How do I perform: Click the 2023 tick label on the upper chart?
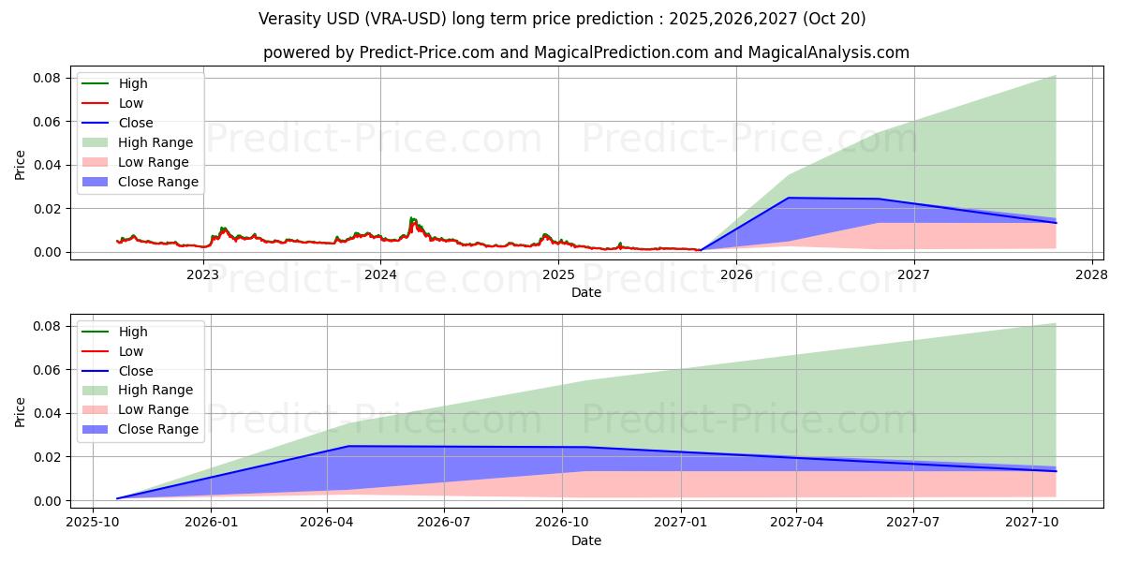click(x=202, y=274)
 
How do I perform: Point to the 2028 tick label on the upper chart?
click(x=1091, y=274)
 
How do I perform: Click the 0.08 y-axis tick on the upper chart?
click(x=48, y=78)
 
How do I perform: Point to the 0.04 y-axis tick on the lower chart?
click(x=48, y=413)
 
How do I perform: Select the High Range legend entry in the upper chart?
click(x=155, y=142)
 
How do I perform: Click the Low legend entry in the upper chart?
click(x=130, y=103)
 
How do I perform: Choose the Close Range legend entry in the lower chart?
click(x=157, y=429)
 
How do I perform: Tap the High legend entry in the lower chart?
click(x=132, y=332)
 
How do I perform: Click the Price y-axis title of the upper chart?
click(x=21, y=165)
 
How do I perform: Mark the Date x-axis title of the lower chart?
click(x=586, y=540)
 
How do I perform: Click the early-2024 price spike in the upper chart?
click(x=412, y=219)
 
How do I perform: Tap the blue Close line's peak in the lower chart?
click(x=348, y=446)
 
